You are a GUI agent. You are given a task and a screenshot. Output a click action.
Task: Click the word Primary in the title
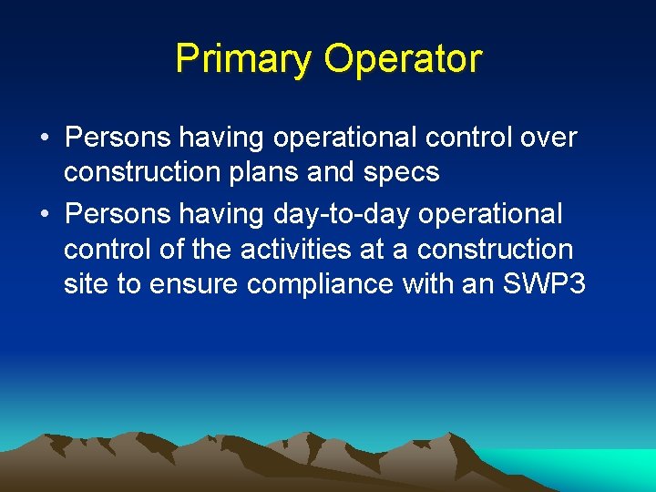point(241,58)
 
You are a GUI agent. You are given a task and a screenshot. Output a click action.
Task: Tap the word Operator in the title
point(402,58)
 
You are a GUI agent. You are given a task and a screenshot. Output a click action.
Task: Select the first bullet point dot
point(45,138)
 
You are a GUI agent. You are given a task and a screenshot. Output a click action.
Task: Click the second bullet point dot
point(45,215)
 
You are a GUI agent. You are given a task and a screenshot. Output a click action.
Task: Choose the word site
point(86,283)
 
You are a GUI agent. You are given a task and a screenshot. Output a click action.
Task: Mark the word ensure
point(189,283)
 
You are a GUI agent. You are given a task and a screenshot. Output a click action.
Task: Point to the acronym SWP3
point(543,283)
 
